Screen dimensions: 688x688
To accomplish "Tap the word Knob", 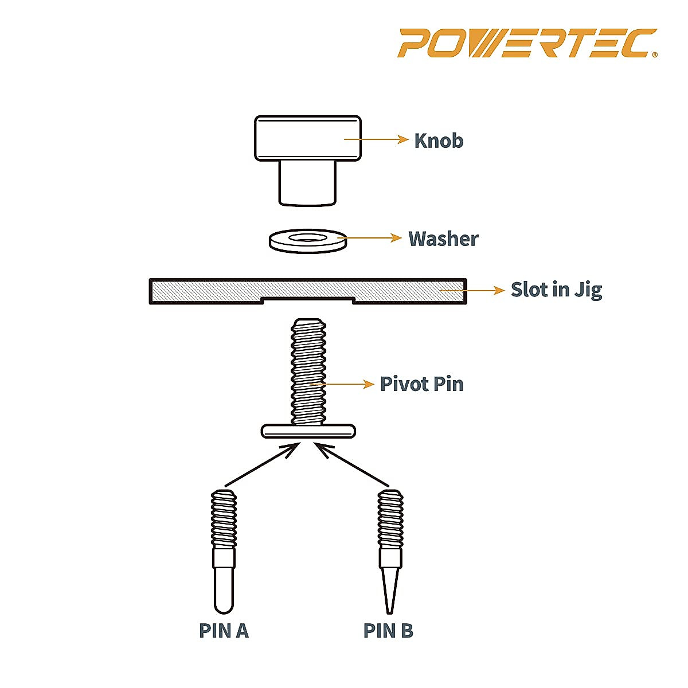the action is pos(439,140).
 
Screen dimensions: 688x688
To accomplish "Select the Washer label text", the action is pos(443,239).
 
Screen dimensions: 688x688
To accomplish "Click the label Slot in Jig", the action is pos(556,290).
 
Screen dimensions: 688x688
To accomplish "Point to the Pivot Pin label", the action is pos(421,384).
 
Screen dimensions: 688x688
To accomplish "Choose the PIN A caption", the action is pos(224,631).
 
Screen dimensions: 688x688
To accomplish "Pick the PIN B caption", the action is pos(388,631).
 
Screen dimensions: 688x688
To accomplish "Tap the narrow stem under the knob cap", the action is pos(307,182).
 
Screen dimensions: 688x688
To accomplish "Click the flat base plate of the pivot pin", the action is pos(308,431).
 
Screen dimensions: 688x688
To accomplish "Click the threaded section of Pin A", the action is pos(224,519).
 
